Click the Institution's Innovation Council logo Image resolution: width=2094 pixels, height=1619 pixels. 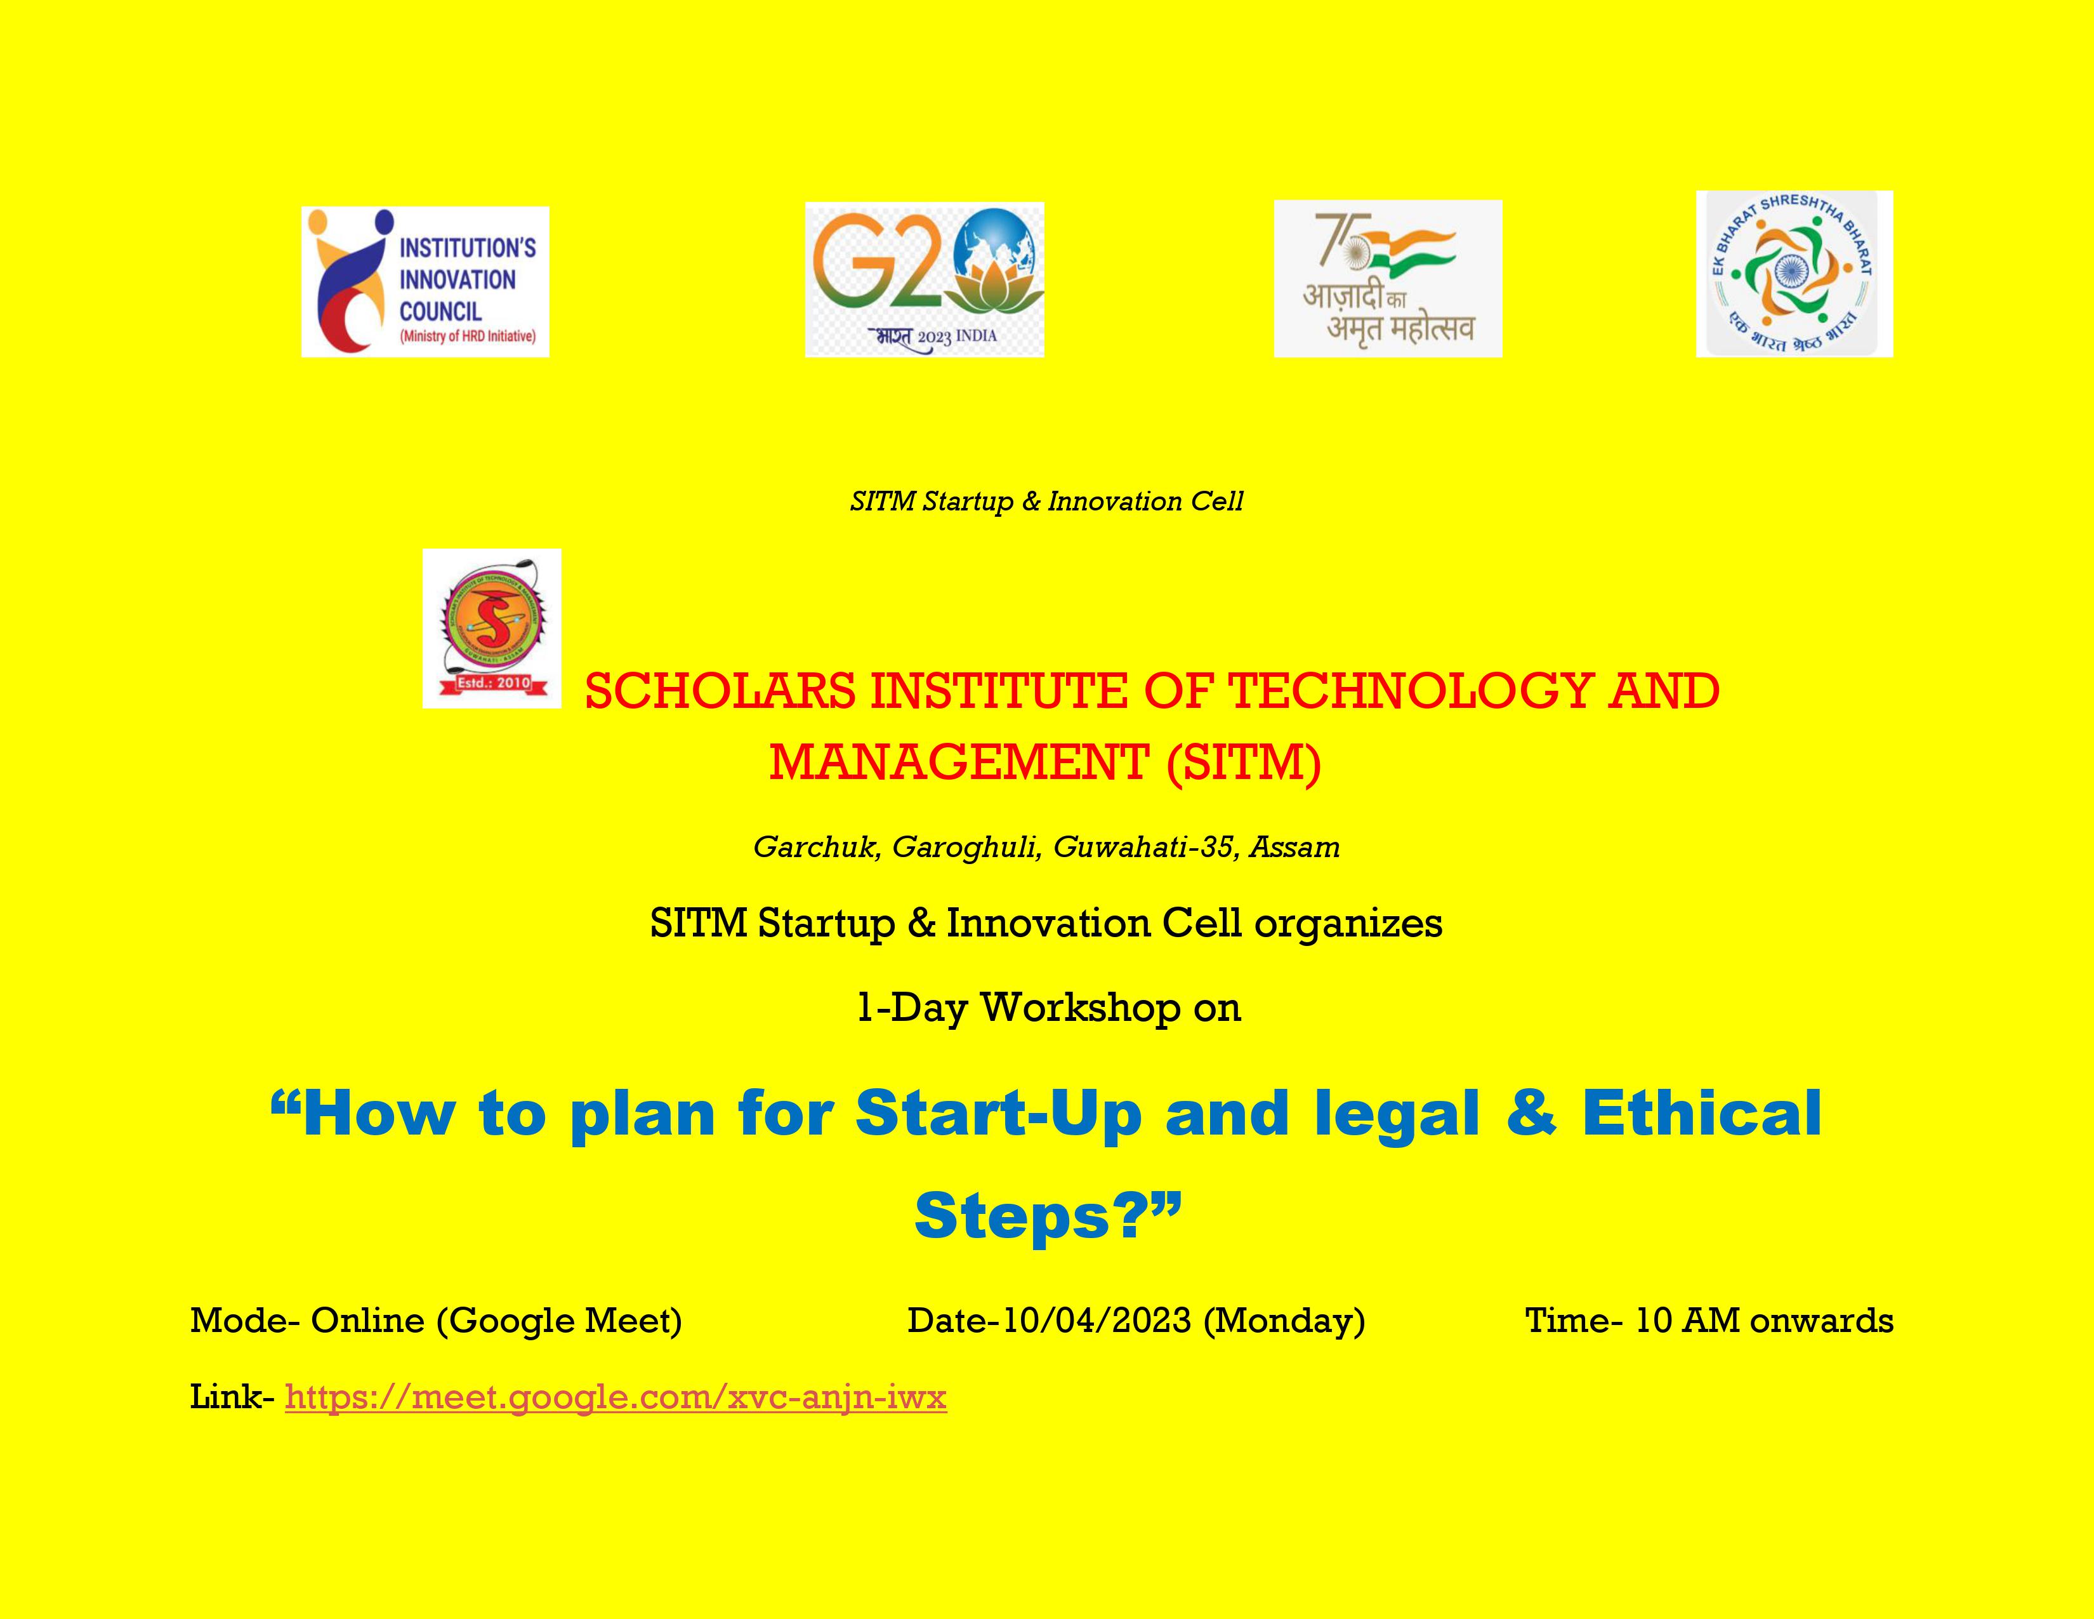[x=425, y=282]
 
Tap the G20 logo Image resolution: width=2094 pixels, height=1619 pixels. [x=925, y=280]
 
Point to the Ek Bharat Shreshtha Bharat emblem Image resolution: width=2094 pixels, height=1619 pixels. [x=1794, y=274]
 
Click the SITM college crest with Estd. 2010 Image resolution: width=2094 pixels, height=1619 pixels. [x=492, y=628]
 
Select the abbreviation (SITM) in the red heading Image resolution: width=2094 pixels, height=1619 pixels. [x=1244, y=763]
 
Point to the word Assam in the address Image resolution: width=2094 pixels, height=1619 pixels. [x=1294, y=848]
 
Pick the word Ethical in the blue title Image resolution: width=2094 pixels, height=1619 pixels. [x=1702, y=1114]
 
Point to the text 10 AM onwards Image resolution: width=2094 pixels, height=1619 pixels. [x=1763, y=1321]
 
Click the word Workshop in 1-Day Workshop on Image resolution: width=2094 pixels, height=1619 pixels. [x=1081, y=1008]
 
